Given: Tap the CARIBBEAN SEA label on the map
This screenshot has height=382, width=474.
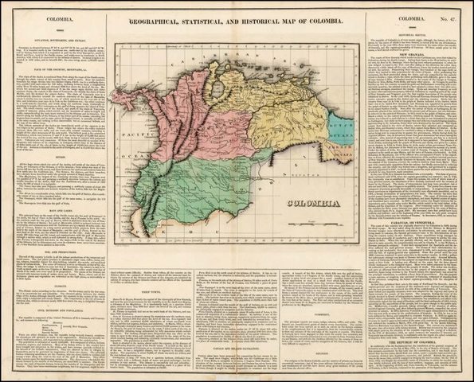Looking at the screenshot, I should click(x=209, y=60).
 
